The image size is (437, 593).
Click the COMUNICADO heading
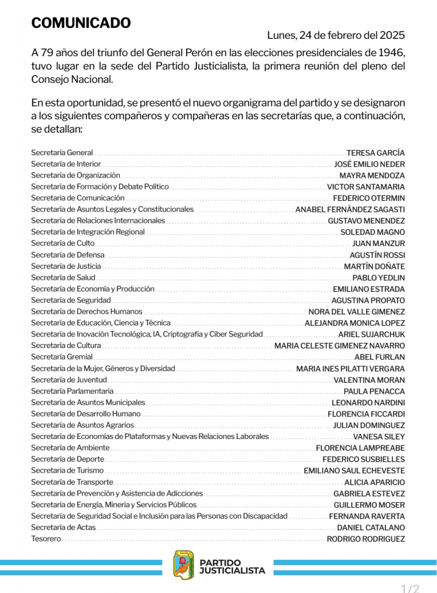81,23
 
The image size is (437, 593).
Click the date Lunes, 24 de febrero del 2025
336,35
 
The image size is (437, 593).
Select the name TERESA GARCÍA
376,153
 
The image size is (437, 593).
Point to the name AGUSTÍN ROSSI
377,255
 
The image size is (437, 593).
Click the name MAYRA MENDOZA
372,175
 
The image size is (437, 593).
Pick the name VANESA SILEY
378,437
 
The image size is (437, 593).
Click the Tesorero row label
46,539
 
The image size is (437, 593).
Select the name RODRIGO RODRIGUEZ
366,539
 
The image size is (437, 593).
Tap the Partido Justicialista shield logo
184,565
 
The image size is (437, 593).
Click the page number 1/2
410,588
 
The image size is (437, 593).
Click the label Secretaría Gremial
61,357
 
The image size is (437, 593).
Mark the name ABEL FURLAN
380,357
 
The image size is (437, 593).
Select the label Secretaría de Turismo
67,471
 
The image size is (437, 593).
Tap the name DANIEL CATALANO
371,528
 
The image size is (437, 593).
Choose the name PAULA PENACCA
374,391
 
